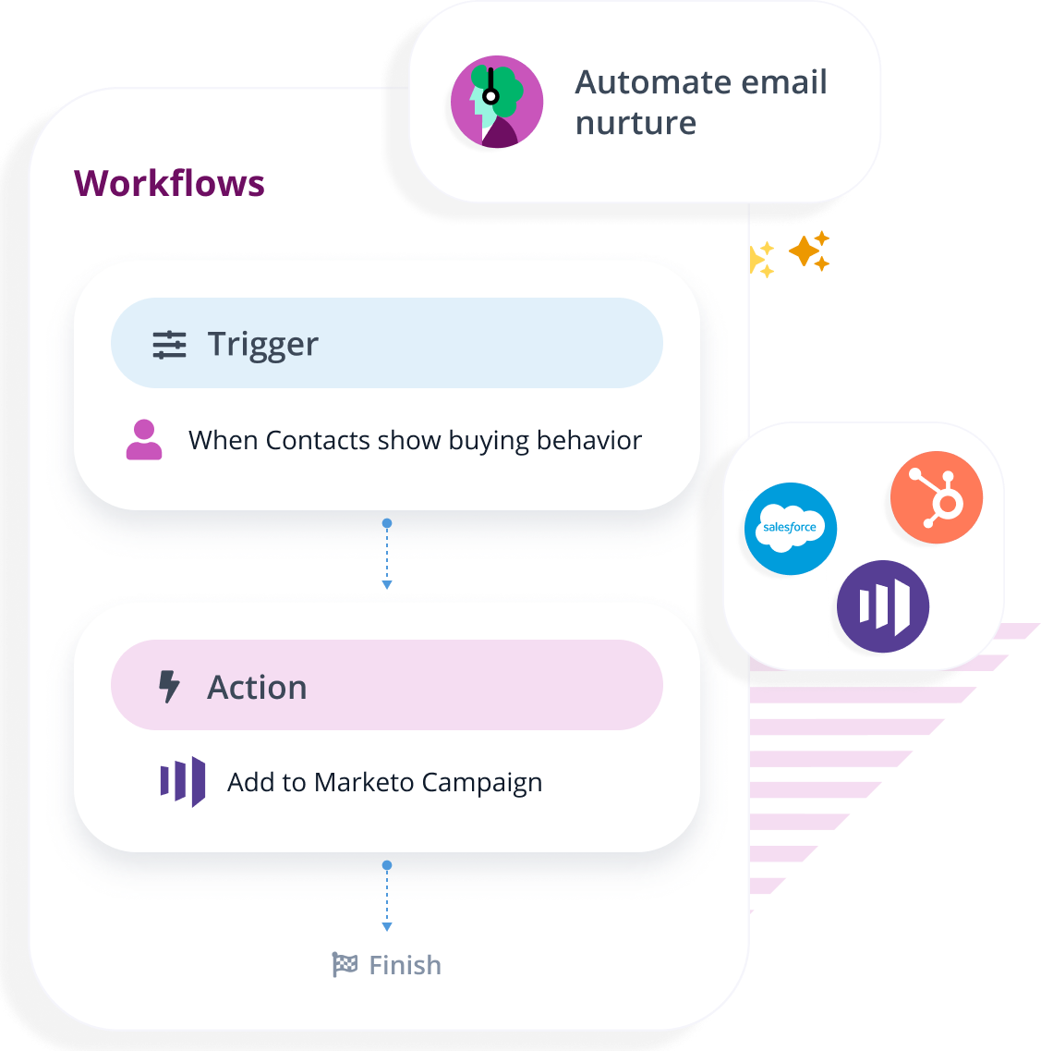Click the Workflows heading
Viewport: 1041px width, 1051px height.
(169, 183)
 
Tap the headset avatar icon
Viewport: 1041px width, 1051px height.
(497, 102)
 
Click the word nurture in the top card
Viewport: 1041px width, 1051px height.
(635, 123)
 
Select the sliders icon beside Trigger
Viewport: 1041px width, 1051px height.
(169, 345)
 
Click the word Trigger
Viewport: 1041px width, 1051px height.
(262, 345)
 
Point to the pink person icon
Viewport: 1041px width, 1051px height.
(144, 440)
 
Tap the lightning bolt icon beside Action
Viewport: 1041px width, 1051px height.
(169, 687)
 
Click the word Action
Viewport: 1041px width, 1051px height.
(257, 688)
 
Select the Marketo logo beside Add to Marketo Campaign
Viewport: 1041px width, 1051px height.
(183, 782)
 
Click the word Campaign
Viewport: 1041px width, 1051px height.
(481, 784)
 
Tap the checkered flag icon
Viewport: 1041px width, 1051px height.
(345, 965)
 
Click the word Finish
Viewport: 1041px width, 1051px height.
(405, 966)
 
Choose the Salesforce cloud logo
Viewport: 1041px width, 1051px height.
(790, 529)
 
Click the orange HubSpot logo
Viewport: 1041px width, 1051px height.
(937, 497)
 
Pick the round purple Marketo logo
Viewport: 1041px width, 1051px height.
(883, 606)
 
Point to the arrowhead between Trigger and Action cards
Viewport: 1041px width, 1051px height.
(387, 584)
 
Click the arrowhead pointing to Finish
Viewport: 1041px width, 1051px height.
(387, 926)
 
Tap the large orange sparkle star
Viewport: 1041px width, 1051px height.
(805, 251)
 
